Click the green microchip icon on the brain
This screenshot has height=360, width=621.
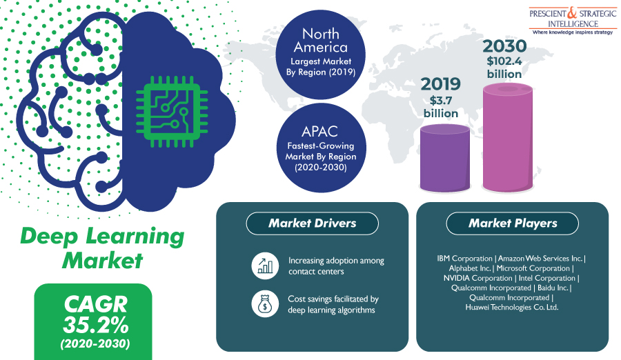click(172, 112)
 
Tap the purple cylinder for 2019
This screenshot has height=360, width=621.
click(445, 158)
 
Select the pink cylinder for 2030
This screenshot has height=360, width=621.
click(507, 138)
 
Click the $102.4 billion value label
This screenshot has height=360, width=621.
click(504, 68)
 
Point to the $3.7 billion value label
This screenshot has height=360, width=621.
click(441, 107)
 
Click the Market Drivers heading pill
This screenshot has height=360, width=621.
click(312, 223)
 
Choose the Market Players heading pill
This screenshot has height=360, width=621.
click(513, 223)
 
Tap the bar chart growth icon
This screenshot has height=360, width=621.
click(265, 266)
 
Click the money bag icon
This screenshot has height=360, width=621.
click(265, 304)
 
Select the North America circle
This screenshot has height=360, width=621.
click(320, 54)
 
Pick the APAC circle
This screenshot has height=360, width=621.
click(321, 148)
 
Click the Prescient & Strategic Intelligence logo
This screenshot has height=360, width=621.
click(573, 21)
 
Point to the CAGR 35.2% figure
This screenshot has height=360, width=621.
click(95, 315)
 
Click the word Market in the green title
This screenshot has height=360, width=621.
click(102, 261)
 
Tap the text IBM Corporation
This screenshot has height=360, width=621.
click(464, 259)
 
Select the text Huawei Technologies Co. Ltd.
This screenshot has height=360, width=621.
click(512, 308)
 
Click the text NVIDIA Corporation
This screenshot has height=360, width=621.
click(477, 278)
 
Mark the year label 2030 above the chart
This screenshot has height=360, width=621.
click(504, 46)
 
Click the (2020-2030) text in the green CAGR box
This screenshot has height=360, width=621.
click(95, 343)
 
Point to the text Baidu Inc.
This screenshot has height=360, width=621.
click(553, 288)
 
